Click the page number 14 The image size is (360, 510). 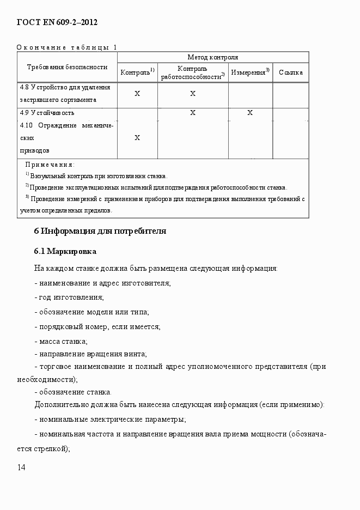[x=21, y=467]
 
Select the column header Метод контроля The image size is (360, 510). [x=212, y=57]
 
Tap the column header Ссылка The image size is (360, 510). [x=290, y=72]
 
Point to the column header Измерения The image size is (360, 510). [x=249, y=72]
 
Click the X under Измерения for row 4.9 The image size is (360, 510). [x=250, y=113]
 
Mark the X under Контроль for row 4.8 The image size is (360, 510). [x=137, y=94]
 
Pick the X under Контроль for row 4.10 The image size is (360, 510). [x=137, y=138]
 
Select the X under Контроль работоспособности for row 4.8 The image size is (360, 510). [x=193, y=94]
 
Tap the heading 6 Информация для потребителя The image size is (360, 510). [x=100, y=231]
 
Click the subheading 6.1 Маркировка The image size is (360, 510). [x=65, y=251]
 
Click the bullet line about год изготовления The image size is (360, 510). [x=69, y=297]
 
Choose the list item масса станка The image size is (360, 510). [x=61, y=341]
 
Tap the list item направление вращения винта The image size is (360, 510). [x=90, y=354]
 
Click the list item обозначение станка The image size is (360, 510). [x=73, y=392]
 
